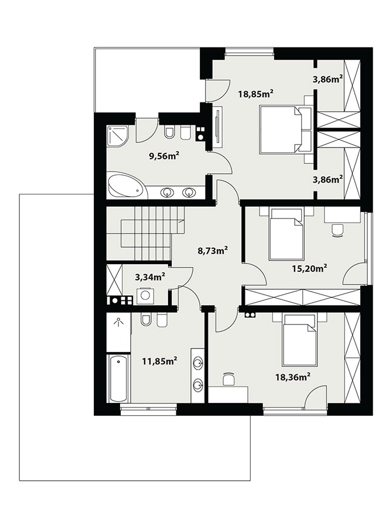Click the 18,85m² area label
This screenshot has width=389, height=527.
[255, 94]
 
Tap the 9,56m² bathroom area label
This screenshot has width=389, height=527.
[163, 156]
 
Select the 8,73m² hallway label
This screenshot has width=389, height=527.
[213, 251]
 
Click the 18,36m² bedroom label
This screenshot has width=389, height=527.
[292, 377]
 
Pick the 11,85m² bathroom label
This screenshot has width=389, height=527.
[160, 362]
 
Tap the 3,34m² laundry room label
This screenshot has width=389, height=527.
[150, 277]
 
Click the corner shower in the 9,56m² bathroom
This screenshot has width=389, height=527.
[118, 136]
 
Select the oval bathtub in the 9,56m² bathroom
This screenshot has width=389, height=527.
[125, 186]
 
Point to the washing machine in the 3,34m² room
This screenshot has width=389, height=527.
[145, 296]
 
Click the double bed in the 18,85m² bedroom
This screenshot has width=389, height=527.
[286, 129]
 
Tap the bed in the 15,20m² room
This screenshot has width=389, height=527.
[286, 234]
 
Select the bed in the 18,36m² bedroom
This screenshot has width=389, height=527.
[300, 340]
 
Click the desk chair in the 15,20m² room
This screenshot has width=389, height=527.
[337, 230]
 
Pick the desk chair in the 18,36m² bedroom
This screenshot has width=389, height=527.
[229, 379]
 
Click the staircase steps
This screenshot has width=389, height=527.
[145, 234]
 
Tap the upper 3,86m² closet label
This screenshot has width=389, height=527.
[328, 79]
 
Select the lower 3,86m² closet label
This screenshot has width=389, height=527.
[328, 179]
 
